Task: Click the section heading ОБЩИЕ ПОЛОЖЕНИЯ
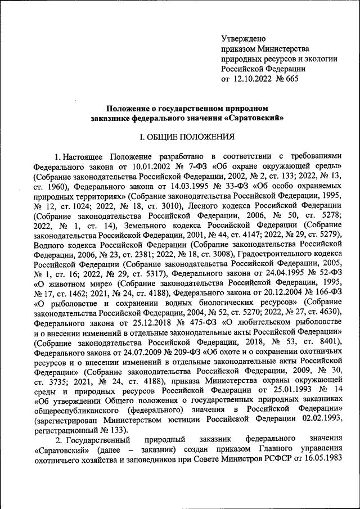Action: pyautogui.click(x=186, y=137)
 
